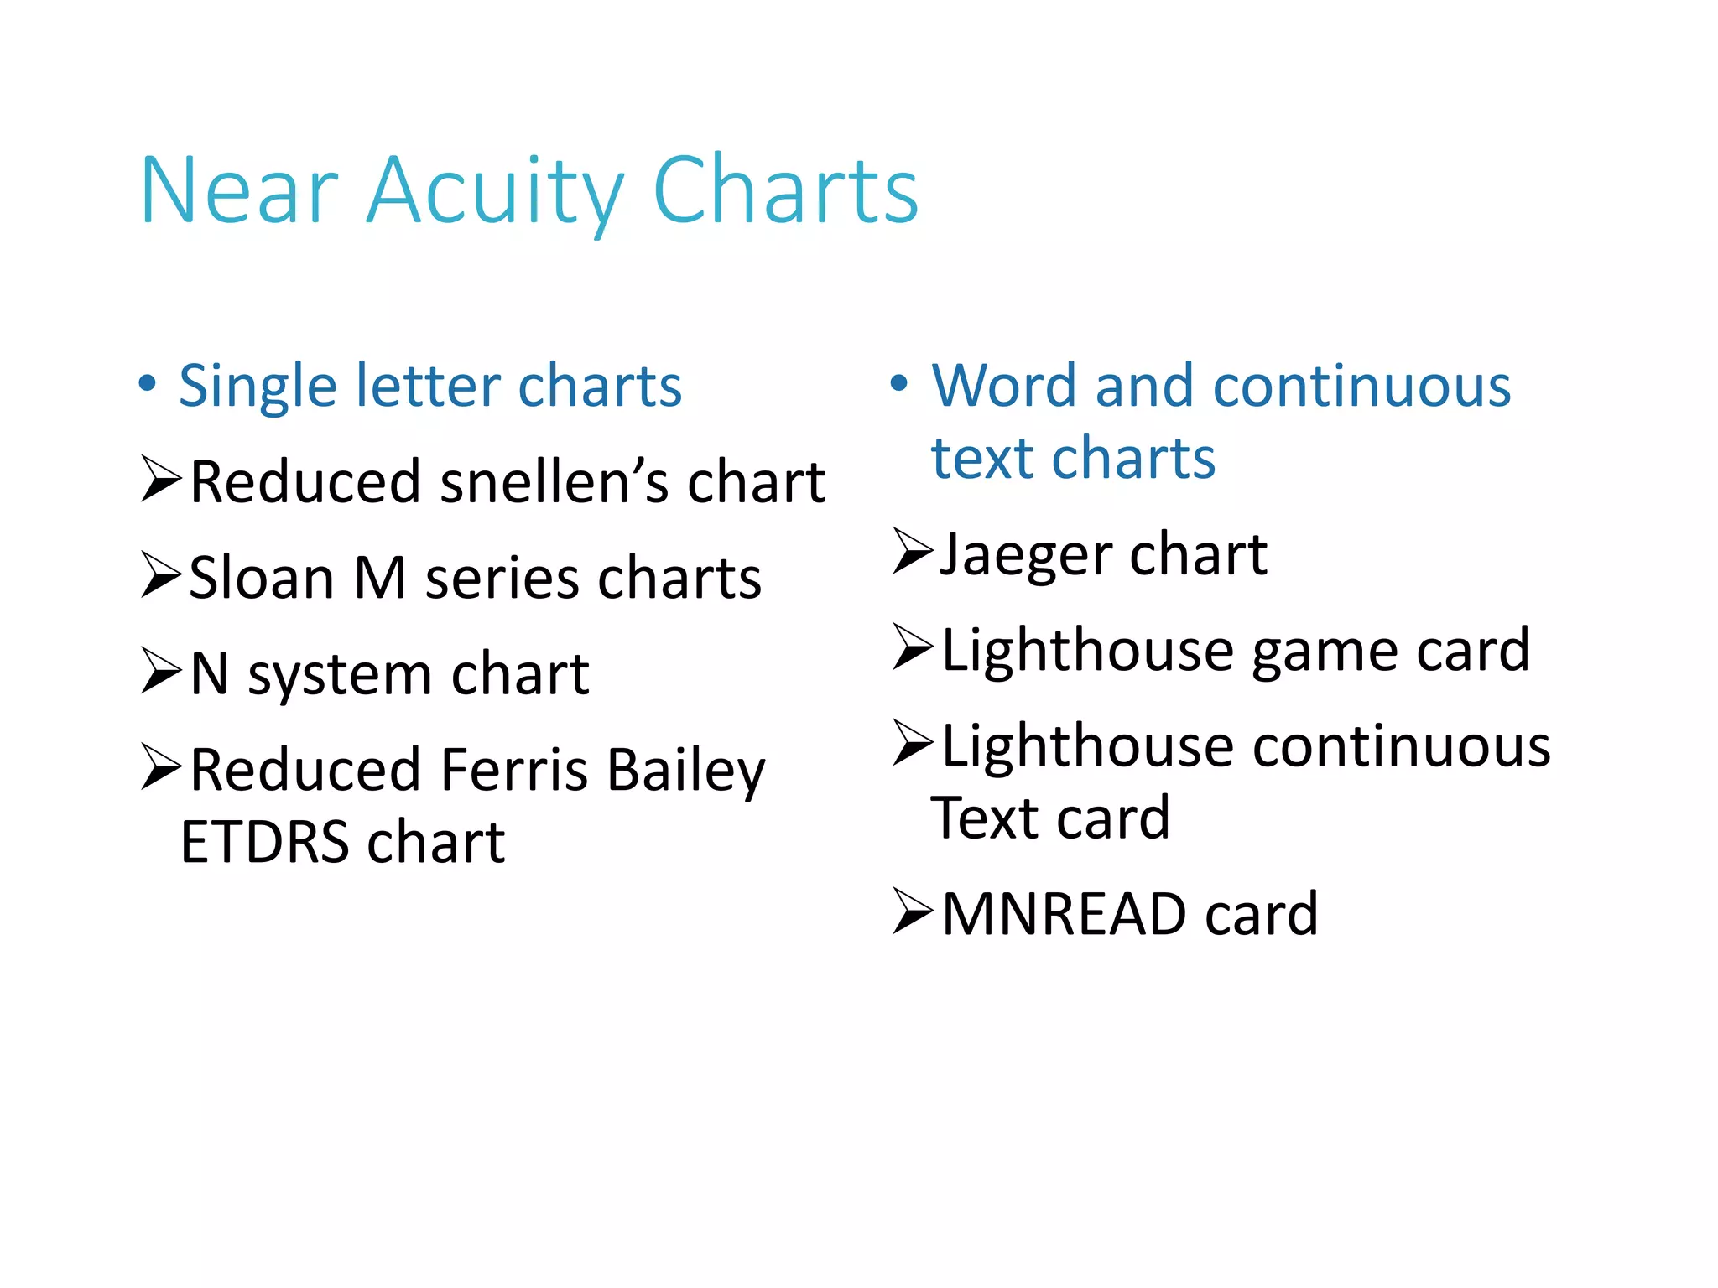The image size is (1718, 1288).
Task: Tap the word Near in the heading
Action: pos(239,191)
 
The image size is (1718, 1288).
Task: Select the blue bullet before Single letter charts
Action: pos(148,384)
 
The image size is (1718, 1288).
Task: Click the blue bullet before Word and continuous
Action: pos(898,384)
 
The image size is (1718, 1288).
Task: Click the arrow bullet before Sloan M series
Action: pos(161,575)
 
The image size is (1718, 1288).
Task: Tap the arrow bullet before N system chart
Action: pos(161,671)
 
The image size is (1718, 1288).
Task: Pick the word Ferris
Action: pos(513,770)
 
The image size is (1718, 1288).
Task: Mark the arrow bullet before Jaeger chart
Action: pos(913,551)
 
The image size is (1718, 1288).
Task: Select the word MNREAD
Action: pos(1064,914)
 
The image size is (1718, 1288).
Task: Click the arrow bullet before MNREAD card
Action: pos(913,911)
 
